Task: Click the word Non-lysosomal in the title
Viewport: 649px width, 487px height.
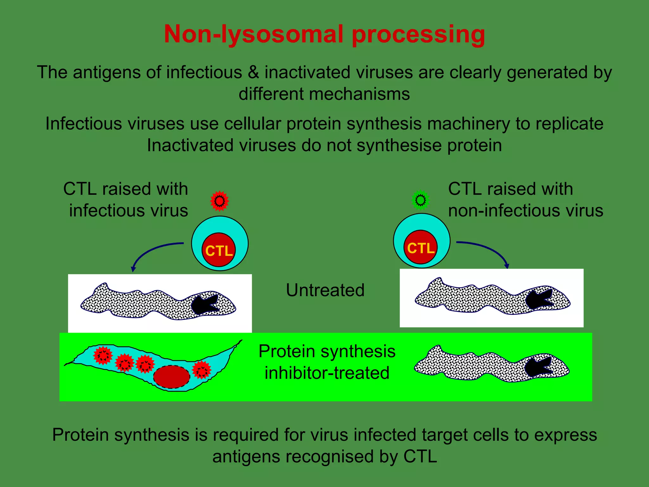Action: (254, 34)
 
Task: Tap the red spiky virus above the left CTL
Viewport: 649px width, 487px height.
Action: (219, 201)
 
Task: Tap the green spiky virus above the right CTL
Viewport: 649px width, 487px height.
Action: (421, 200)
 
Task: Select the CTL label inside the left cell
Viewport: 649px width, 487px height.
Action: (219, 251)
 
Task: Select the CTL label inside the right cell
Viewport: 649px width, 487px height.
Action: (421, 248)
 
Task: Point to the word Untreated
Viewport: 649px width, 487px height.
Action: (325, 290)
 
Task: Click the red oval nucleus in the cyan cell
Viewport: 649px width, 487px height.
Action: (171, 377)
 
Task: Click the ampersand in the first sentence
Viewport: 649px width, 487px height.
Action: (253, 72)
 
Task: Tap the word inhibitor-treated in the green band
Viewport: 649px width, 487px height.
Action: (327, 373)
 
